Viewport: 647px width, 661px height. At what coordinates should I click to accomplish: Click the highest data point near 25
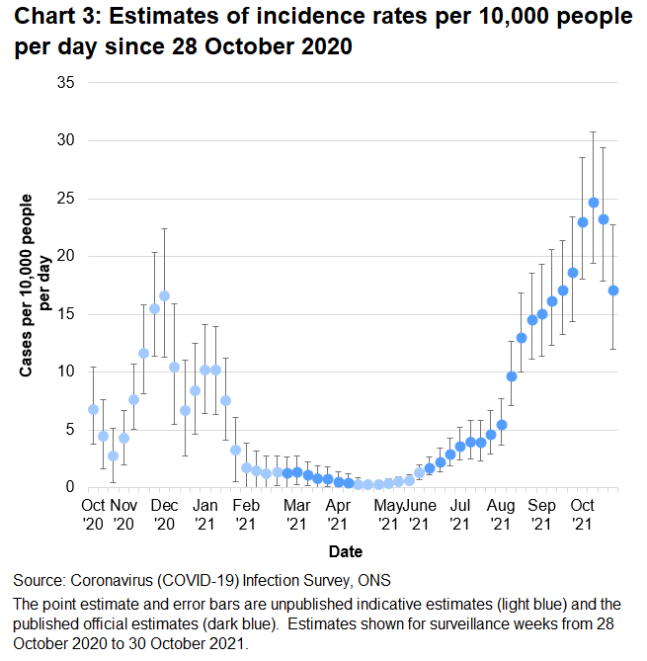[x=594, y=203]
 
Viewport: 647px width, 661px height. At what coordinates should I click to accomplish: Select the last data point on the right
[x=613, y=290]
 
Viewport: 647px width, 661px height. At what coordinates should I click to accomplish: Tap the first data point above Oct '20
[x=93, y=409]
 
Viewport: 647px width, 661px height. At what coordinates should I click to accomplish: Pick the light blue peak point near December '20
[x=164, y=296]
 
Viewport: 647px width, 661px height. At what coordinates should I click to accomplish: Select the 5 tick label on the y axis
[x=70, y=430]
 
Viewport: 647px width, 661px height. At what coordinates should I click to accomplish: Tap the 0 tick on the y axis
[x=70, y=487]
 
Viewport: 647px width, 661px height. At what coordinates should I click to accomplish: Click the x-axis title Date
[x=346, y=551]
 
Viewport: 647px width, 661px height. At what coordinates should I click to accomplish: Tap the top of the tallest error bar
[x=594, y=131]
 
